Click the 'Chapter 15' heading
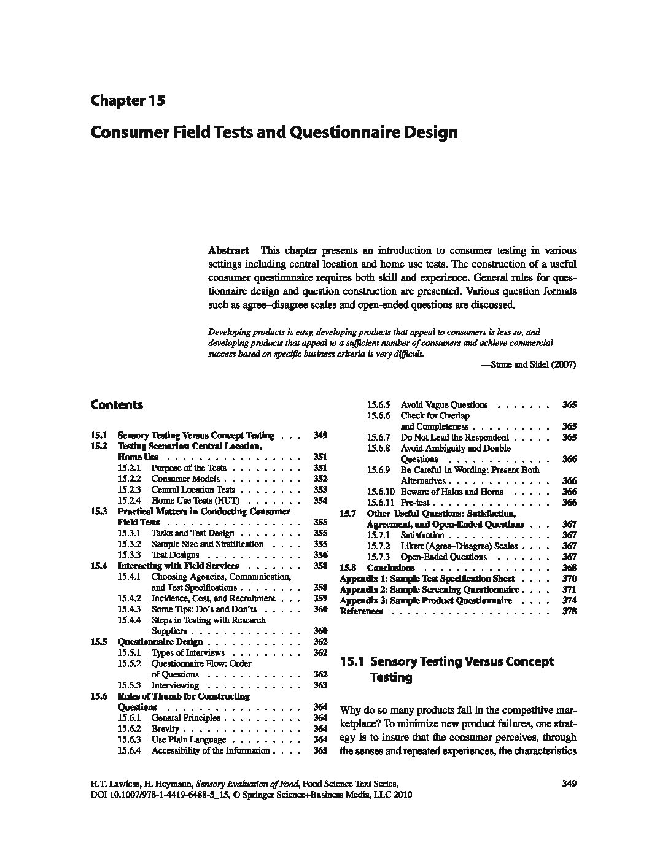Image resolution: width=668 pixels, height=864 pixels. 127,101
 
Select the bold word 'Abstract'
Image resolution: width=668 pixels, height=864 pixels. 228,250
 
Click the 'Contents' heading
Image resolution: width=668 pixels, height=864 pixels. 116,405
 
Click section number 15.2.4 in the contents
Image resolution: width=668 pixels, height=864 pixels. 129,501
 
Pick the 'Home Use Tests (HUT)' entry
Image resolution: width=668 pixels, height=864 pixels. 195,501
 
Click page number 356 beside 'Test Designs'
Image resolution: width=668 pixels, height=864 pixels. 320,555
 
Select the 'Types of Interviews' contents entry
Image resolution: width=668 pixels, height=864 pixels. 188,653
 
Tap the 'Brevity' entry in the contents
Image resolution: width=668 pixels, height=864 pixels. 165,729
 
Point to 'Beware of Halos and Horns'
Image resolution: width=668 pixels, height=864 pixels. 451,492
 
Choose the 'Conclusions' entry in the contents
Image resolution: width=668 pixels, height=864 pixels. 390,568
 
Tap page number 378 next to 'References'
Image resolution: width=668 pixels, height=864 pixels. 569,611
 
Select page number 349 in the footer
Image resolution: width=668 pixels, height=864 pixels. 569,783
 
